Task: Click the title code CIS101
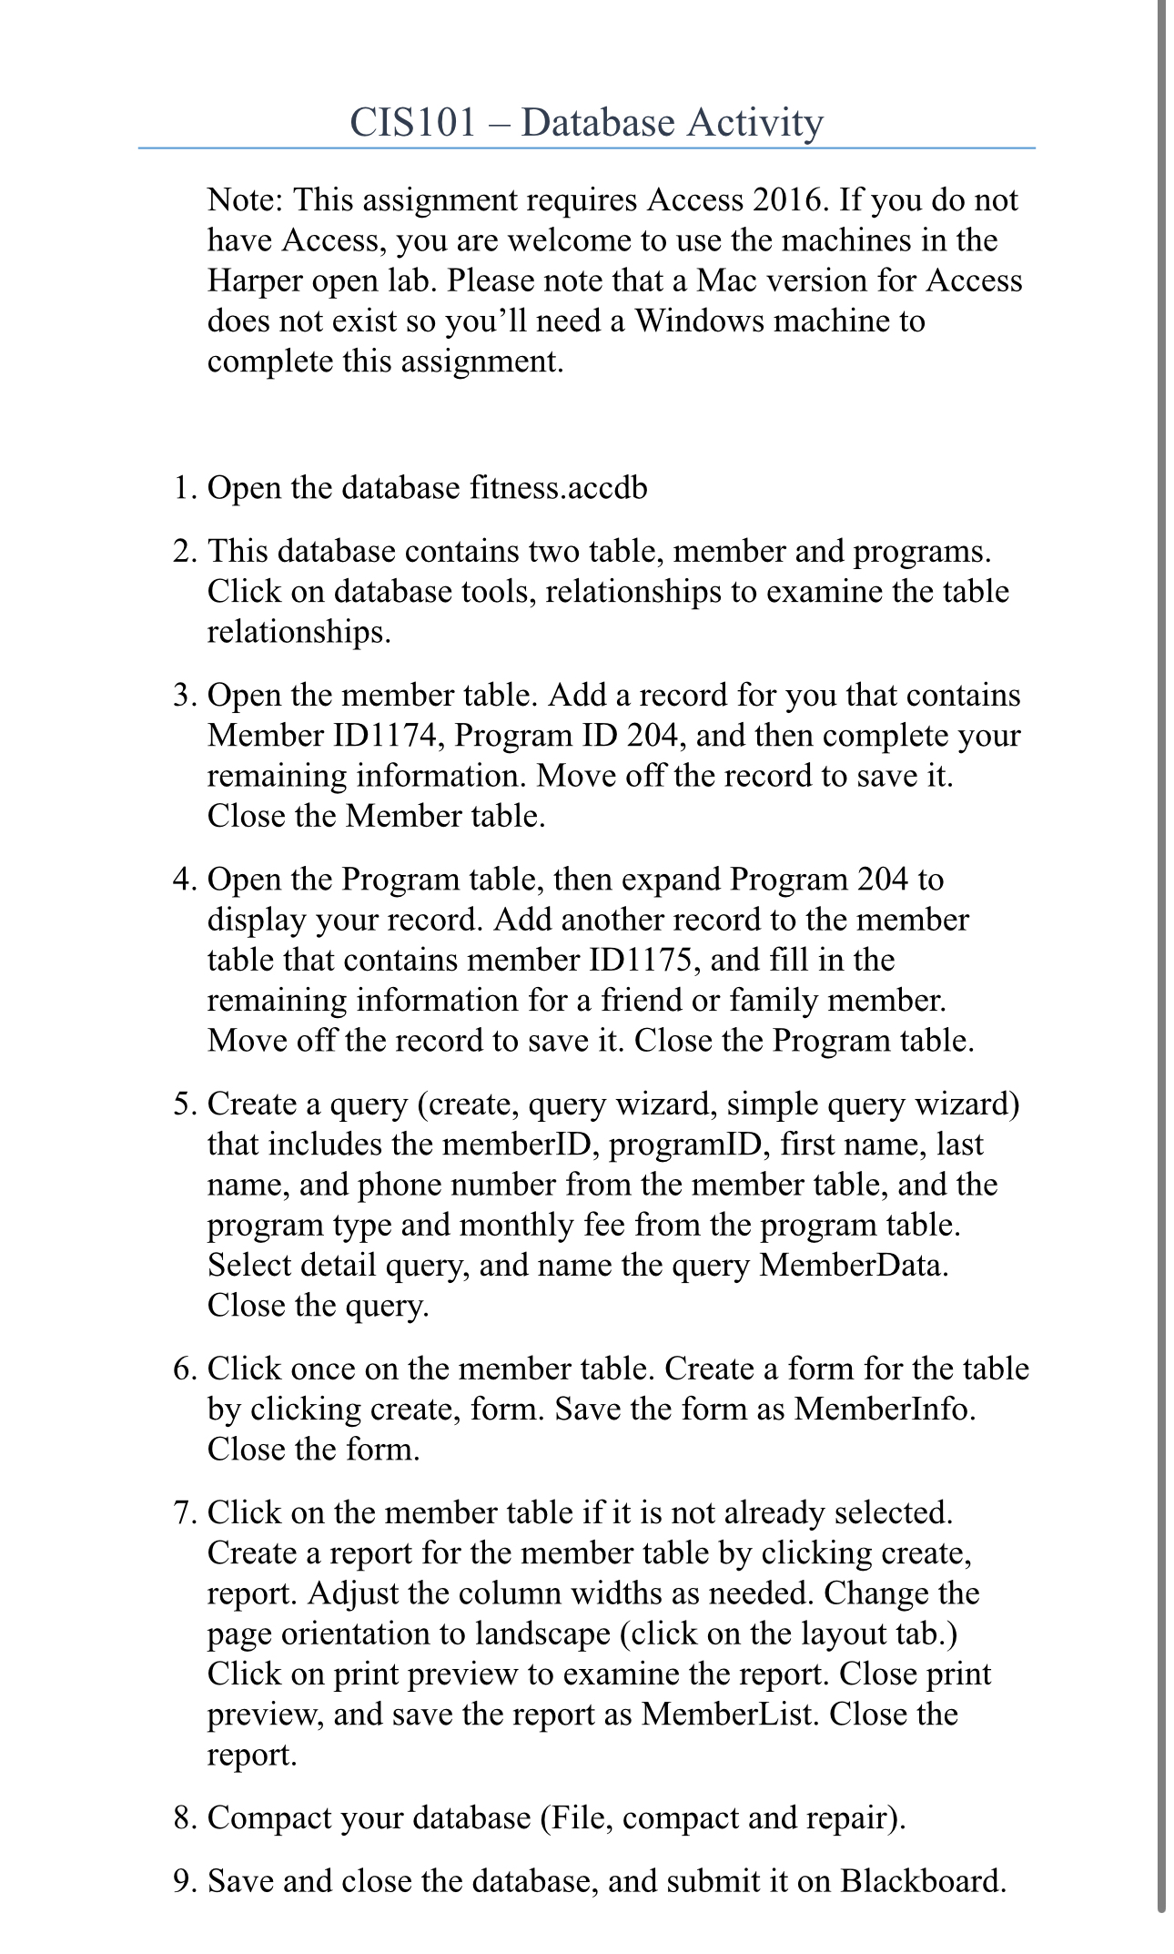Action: [x=412, y=122]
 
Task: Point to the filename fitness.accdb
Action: [x=558, y=488]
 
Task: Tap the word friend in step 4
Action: [x=643, y=1001]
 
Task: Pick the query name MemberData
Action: [x=852, y=1266]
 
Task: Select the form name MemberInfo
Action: [x=883, y=1410]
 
